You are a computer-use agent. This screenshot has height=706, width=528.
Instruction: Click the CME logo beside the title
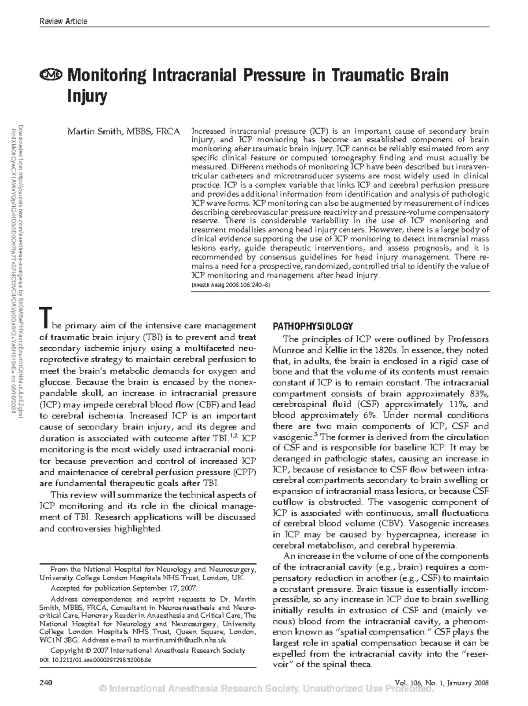(x=51, y=75)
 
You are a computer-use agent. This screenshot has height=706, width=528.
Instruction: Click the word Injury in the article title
(x=87, y=95)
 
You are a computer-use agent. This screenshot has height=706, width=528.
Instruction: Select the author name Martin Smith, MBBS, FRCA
(x=123, y=131)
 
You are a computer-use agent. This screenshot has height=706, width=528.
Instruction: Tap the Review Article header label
(x=63, y=21)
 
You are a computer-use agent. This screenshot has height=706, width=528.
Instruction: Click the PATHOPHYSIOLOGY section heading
(x=313, y=326)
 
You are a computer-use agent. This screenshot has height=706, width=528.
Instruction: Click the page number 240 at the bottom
(x=46, y=683)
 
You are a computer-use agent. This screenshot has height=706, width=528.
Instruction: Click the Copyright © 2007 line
(x=148, y=650)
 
